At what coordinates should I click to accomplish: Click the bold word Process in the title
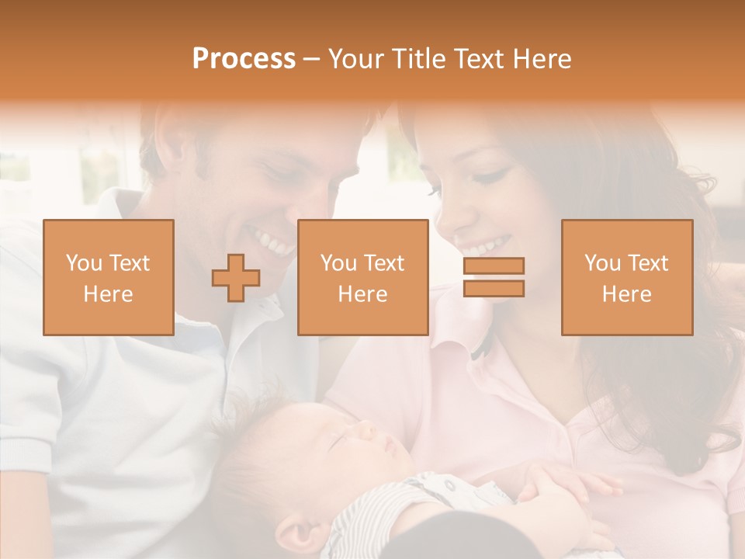[x=244, y=59]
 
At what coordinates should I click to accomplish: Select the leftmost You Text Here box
[x=109, y=277]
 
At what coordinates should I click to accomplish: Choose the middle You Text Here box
[x=363, y=277]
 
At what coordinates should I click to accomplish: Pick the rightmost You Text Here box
[x=627, y=277]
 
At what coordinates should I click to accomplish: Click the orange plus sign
[x=236, y=278]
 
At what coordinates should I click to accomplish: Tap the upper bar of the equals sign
[x=494, y=266]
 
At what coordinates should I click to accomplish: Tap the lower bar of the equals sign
[x=494, y=289]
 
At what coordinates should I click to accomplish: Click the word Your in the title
[x=358, y=59]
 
